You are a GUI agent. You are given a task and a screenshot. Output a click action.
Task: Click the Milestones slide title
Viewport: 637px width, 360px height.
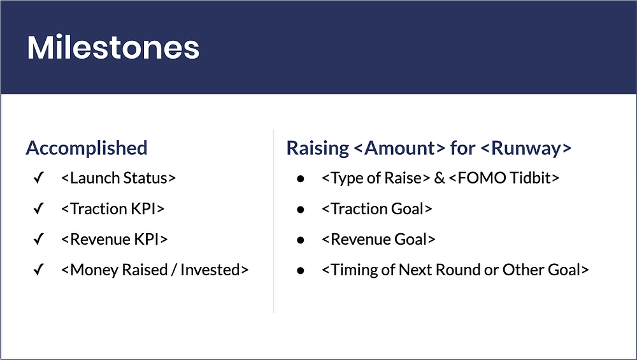pyautogui.click(x=113, y=48)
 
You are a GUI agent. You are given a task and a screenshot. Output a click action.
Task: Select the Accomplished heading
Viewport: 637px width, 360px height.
pyautogui.click(x=86, y=148)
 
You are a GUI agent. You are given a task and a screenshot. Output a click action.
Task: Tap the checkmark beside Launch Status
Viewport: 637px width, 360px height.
pyautogui.click(x=38, y=178)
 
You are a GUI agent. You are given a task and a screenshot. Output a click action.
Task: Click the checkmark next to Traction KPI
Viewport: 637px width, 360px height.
pyautogui.click(x=38, y=209)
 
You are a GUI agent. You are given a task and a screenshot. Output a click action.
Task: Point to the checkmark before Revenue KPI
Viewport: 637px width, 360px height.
pyautogui.click(x=38, y=240)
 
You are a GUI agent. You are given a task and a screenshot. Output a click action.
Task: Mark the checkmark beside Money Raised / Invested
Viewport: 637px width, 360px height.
pyautogui.click(x=38, y=270)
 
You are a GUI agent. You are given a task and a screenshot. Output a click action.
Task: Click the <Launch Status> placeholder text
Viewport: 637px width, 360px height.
pyautogui.click(x=118, y=178)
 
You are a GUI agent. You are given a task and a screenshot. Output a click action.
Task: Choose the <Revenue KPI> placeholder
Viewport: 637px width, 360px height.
pyautogui.click(x=115, y=240)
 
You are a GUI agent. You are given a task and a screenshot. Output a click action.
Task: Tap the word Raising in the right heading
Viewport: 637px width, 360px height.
pyautogui.click(x=318, y=148)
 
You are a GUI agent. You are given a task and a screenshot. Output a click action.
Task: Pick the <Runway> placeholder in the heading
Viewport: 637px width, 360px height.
pyautogui.click(x=526, y=148)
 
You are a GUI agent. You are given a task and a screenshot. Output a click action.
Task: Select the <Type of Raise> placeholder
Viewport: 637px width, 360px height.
pyautogui.click(x=376, y=178)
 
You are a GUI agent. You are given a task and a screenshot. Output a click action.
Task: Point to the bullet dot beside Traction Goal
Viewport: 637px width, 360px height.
pyautogui.click(x=299, y=209)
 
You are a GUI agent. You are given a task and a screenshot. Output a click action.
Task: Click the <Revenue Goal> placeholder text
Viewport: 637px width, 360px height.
pyautogui.click(x=379, y=240)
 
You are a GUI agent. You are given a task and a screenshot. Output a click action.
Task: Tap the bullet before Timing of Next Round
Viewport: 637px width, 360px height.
pyautogui.click(x=299, y=270)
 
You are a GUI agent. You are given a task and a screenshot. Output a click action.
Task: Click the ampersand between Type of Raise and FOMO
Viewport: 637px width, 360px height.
pyautogui.click(x=440, y=178)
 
